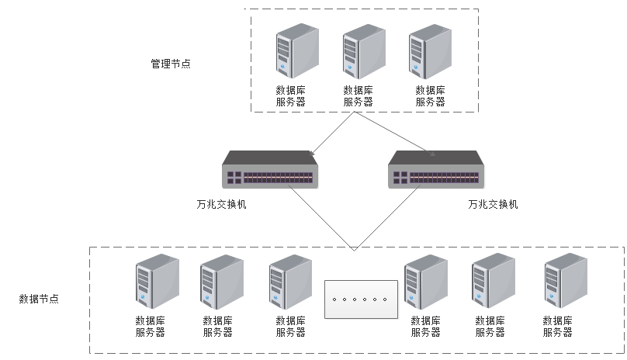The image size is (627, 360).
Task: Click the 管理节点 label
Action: point(170,64)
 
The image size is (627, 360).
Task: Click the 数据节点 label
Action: point(39,298)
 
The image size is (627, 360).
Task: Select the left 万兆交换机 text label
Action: point(221,205)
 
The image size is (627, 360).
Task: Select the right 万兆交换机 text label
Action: point(492,205)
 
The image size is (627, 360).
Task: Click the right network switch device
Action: point(436,170)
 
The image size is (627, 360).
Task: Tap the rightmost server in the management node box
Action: point(430,52)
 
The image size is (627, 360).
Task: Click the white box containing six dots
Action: point(359,299)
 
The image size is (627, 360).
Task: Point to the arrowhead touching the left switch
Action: point(311,151)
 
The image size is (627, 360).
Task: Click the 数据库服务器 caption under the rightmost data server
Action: point(558,326)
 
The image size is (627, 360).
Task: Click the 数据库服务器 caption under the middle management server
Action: point(358,95)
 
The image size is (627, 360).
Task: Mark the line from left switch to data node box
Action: point(322,218)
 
